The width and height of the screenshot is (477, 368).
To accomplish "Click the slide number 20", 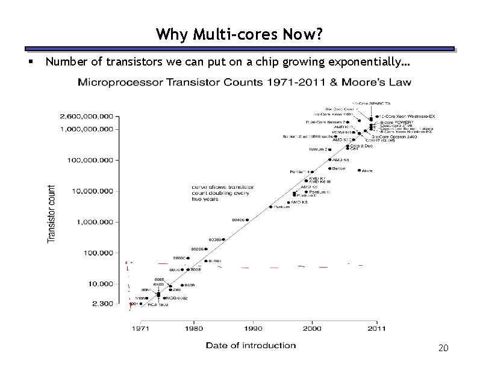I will click(x=443, y=348).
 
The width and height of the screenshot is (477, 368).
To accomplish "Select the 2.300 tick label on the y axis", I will click(x=102, y=304).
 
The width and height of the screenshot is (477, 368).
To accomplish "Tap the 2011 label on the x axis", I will click(x=376, y=329).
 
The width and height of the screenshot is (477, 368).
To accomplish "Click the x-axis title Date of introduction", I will click(x=251, y=345).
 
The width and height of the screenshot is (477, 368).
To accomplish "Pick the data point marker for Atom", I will click(x=360, y=170).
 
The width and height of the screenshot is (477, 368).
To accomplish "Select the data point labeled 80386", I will click(x=223, y=239).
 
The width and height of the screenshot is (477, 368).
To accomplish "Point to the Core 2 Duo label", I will click(x=361, y=146).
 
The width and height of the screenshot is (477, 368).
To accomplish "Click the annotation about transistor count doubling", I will click(x=222, y=192).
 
